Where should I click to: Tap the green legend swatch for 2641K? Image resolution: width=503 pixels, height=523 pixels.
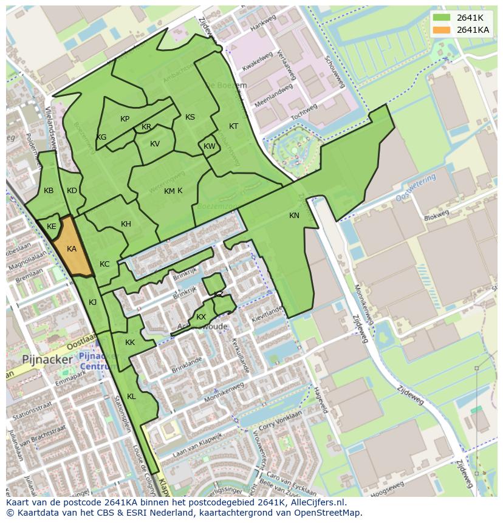tap(442, 18)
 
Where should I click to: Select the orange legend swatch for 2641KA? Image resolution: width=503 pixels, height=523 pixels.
tap(442, 30)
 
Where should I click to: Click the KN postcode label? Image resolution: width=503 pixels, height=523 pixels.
tap(294, 216)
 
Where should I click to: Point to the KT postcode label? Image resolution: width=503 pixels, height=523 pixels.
tap(233, 126)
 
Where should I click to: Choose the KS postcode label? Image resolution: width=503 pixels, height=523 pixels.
tap(190, 117)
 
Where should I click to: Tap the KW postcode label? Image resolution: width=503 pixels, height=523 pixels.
tap(210, 146)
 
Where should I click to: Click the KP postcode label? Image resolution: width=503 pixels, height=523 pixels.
tap(125, 119)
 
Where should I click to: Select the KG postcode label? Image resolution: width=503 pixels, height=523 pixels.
tap(101, 137)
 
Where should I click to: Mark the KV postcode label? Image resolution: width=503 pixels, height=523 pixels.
tap(155, 144)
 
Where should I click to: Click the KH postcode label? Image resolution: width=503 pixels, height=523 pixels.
tap(126, 224)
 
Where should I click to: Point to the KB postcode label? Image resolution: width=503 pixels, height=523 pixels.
tap(49, 191)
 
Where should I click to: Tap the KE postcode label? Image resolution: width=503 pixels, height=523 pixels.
tap(52, 227)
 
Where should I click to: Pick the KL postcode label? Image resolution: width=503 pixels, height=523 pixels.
tap(131, 397)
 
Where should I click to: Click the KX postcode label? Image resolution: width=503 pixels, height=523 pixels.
tap(201, 317)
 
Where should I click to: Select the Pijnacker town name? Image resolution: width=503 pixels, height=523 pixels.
tap(47, 359)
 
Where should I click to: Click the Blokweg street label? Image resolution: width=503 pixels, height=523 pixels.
tap(436, 214)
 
